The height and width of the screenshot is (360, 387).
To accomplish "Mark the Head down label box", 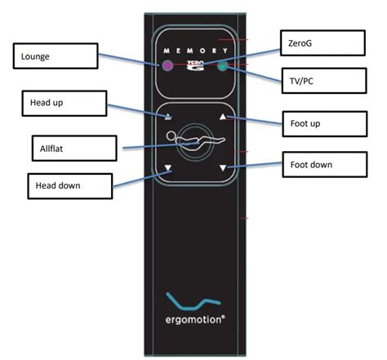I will point(69,185).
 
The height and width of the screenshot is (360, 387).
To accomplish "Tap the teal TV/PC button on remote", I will point(222,66).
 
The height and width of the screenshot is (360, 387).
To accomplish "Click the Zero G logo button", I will point(194,65).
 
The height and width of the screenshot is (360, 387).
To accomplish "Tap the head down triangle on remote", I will point(167,170).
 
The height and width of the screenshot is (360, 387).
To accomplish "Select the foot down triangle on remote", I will point(221,170).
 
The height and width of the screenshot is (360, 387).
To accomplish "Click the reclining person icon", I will point(194,143).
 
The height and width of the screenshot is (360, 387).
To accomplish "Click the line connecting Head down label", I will point(135,180).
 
